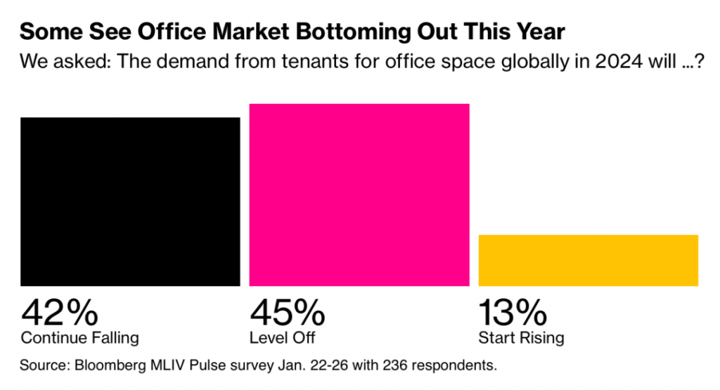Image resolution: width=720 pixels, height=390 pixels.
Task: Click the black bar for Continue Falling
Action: pos(130,202)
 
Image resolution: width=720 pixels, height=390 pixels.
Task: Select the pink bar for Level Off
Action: pos(359,195)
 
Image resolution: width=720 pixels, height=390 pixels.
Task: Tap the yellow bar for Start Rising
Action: pos(588,260)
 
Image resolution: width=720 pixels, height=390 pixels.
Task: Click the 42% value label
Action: pos(60,311)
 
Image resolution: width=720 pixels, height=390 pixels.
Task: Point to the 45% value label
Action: pos(288,311)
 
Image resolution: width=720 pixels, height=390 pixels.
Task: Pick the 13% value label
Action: pos(513,311)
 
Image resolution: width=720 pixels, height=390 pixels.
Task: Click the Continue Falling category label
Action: pos(79,338)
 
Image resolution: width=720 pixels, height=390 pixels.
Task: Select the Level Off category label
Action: pos(283,338)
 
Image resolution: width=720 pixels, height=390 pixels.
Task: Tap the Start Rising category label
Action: pos(521,338)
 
